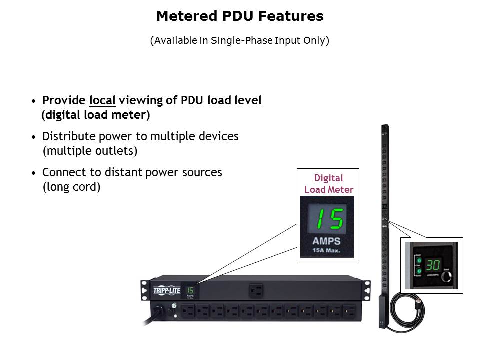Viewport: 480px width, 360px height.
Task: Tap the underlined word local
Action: tap(102, 100)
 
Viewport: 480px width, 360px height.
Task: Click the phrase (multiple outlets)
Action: tap(90, 150)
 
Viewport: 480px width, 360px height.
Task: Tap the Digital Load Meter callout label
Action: tap(328, 184)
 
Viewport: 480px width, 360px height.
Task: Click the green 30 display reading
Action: tap(433, 265)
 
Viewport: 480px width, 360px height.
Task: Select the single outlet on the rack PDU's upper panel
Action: tap(256, 290)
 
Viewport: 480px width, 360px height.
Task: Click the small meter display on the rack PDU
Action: tap(190, 291)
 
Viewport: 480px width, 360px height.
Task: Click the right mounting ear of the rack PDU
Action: tap(367, 289)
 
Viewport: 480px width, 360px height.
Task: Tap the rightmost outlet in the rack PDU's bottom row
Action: tap(349, 312)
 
